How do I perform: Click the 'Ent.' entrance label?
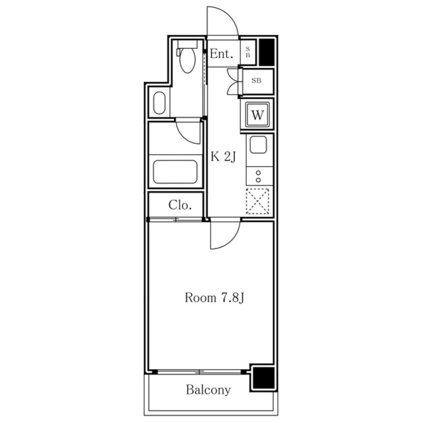tap(221, 54)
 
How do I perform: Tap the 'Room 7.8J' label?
tap(214, 298)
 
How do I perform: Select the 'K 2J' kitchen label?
tap(223, 157)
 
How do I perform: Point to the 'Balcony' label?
tap(209, 390)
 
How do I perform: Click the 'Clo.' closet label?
tap(180, 205)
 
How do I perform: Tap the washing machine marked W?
tap(257, 115)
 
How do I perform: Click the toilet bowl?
tap(188, 60)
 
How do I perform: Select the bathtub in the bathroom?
tap(175, 172)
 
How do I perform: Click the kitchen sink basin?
tap(258, 145)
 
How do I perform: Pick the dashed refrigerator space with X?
tap(257, 202)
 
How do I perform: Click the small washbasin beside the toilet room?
tap(159, 103)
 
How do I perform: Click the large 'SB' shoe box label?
tap(256, 80)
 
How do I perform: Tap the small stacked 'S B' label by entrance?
tap(248, 52)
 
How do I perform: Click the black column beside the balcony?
tap(263, 378)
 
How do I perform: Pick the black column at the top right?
tap(266, 52)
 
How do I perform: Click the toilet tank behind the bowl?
tap(188, 44)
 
